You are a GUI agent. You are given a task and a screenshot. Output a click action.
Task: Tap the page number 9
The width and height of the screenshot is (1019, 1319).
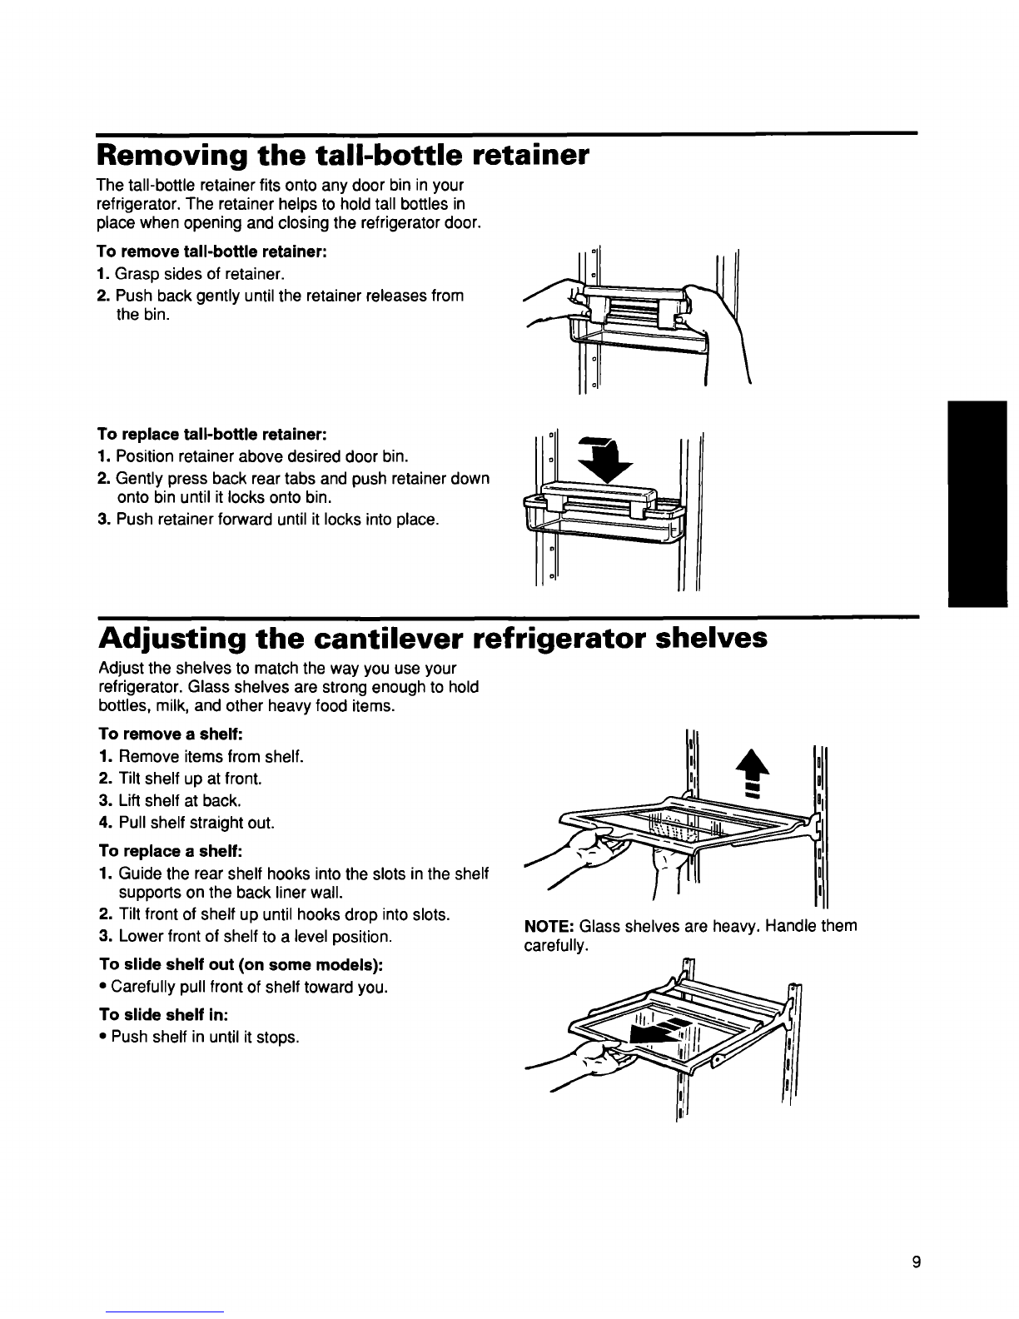click(915, 1263)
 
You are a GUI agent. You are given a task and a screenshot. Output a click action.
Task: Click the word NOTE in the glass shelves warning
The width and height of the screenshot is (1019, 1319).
click(548, 926)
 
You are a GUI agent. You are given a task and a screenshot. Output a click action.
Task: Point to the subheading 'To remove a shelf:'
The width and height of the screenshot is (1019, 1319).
click(165, 734)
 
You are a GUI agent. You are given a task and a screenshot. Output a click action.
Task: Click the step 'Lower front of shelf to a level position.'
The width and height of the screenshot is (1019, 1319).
click(254, 936)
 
